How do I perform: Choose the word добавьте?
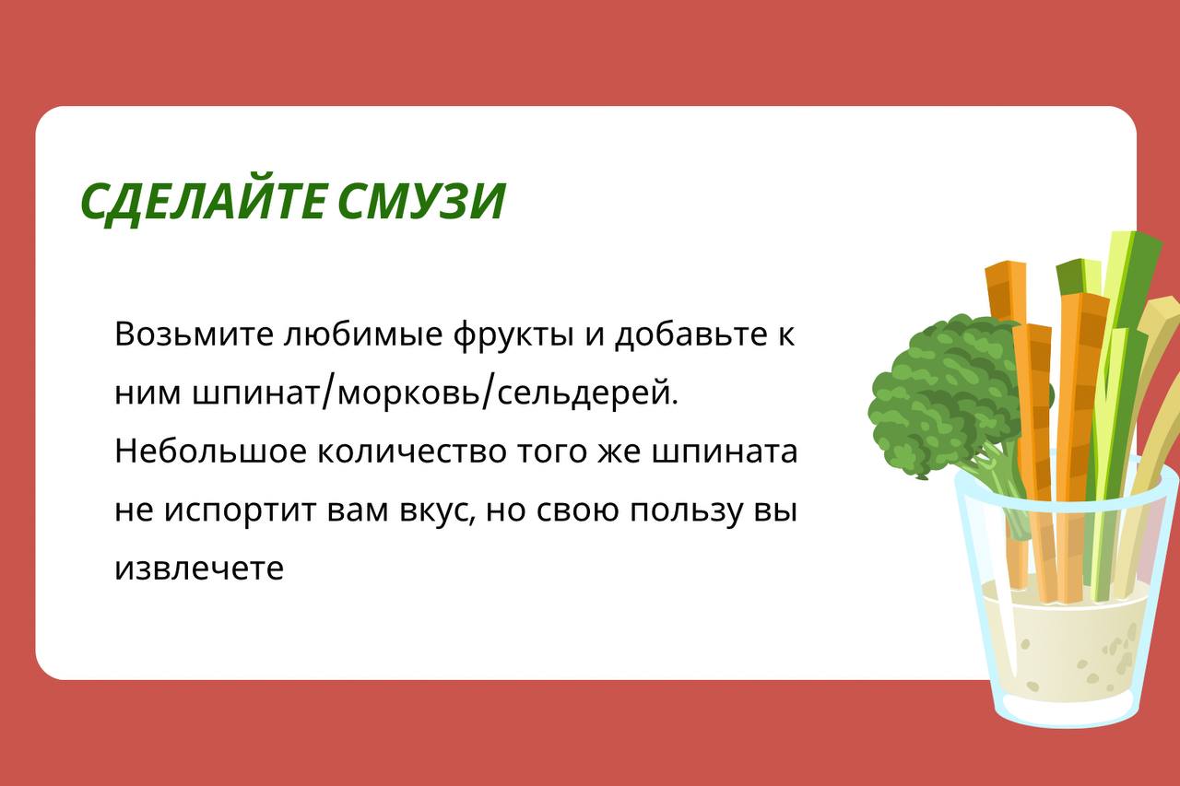point(699,334)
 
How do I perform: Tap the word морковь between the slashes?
point(407,393)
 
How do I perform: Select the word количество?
point(411,452)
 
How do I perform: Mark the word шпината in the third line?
point(725,452)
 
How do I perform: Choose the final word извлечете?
point(199,569)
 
